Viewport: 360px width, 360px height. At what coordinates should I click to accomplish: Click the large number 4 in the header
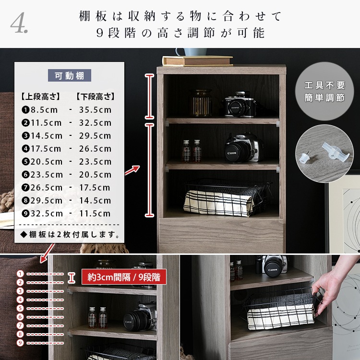click(17, 23)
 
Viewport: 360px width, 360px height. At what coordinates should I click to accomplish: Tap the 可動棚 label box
click(69, 75)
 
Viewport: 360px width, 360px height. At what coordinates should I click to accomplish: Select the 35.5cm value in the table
click(96, 110)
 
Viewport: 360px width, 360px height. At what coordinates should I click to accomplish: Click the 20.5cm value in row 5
click(47, 162)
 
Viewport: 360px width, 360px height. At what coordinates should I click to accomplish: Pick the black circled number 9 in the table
click(25, 214)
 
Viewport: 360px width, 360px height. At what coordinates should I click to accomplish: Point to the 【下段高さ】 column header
click(95, 96)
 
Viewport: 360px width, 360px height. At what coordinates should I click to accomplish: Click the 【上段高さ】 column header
click(40, 96)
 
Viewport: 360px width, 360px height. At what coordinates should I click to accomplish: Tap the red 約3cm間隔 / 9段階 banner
click(124, 277)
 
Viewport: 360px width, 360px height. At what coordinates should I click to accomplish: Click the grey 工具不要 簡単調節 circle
click(324, 91)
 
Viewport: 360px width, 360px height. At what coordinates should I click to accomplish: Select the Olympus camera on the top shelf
click(240, 105)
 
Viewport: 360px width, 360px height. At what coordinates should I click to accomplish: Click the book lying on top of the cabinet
click(198, 61)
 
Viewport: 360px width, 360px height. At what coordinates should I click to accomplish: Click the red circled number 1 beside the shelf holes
click(20, 274)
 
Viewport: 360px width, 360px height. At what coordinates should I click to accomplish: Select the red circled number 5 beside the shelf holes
click(20, 308)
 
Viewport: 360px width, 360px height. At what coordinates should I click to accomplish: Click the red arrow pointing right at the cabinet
click(132, 170)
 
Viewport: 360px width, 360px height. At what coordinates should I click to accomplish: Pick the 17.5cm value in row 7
click(95, 188)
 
